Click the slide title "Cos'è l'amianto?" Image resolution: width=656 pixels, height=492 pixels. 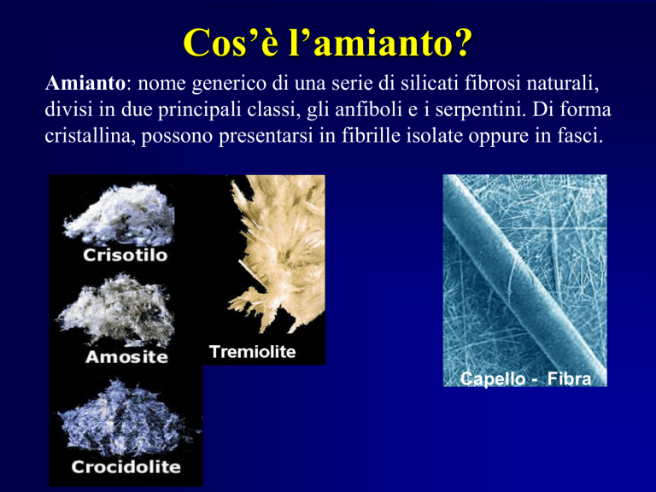coord(328,43)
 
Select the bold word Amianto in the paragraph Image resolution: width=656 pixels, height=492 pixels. coord(85,83)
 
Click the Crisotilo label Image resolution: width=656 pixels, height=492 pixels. coord(125,255)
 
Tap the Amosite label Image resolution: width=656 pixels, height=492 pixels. coord(126,357)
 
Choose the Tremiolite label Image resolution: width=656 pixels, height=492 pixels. coord(252,351)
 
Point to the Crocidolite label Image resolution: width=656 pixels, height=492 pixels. coord(126,466)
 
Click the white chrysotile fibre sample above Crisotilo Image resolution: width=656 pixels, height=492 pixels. coord(120,214)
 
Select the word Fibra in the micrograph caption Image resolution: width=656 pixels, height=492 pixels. coord(569,378)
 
